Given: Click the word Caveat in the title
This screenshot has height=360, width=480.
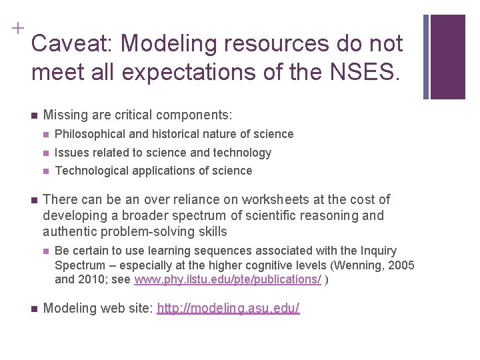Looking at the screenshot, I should (71, 44).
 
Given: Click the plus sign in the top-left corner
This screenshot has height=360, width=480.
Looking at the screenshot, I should (15, 28).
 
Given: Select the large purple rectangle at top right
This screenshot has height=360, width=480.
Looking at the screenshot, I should (448, 57).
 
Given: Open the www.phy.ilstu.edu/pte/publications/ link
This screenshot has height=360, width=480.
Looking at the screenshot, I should (227, 280).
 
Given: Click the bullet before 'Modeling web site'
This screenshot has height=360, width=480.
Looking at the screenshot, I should (34, 309).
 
